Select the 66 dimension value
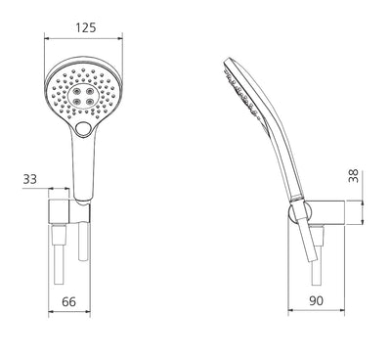coord(69,301)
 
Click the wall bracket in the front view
coord(68,216)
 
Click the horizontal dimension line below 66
coord(68,314)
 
